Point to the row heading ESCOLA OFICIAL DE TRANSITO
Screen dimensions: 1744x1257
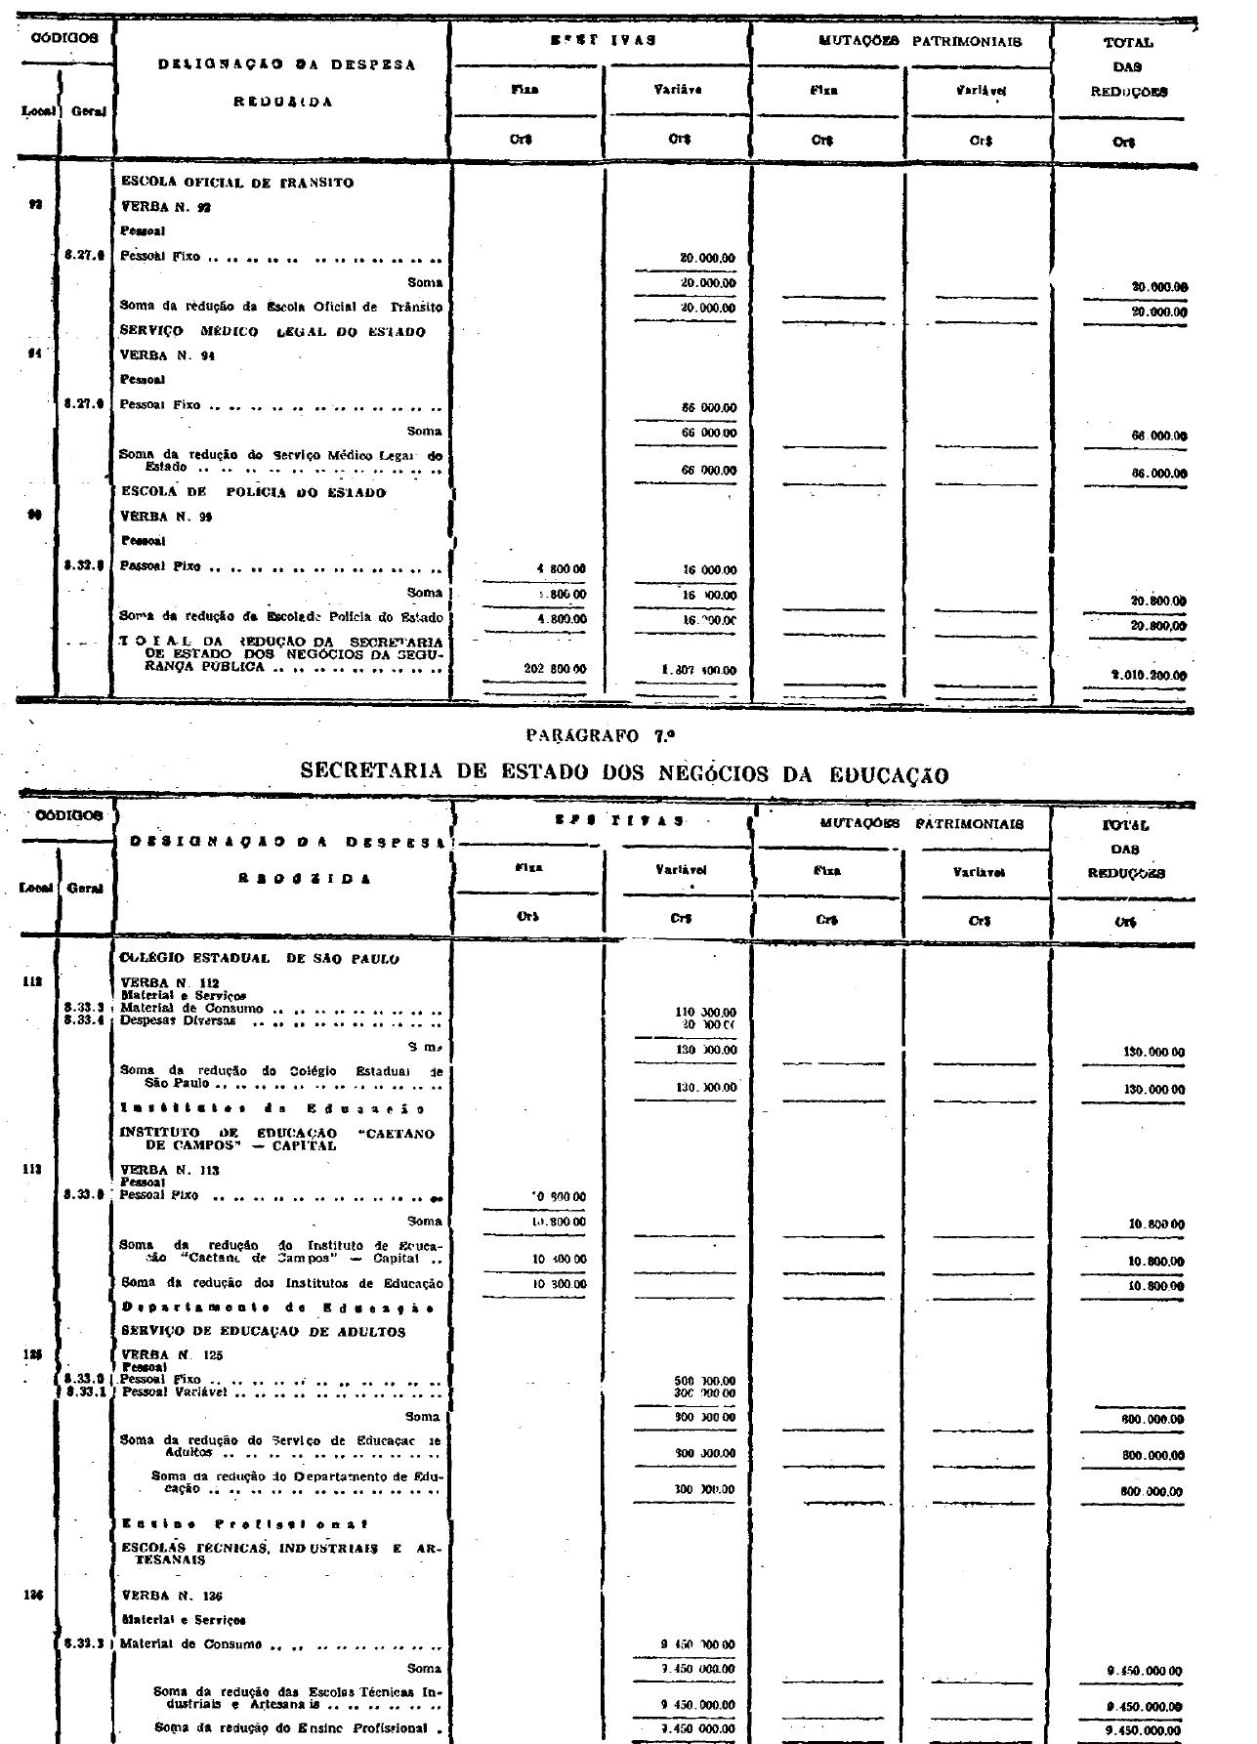coord(236,183)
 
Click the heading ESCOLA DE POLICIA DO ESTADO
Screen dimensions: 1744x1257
coord(253,493)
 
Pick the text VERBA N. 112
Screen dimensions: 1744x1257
coord(170,982)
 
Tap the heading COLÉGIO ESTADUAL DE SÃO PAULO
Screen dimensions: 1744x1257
coord(260,959)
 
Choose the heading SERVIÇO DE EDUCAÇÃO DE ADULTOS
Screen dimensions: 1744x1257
coord(263,1331)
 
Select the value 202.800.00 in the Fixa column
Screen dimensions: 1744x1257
coord(556,671)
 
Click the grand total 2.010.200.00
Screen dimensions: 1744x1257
coord(1147,675)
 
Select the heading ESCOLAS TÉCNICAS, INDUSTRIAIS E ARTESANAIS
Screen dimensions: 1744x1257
coord(278,1554)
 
